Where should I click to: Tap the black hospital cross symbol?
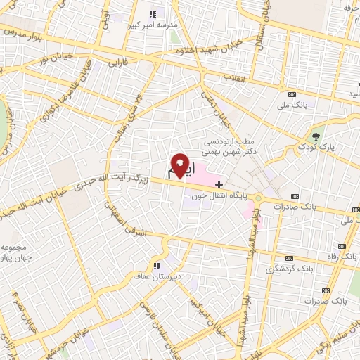(x=219, y=184)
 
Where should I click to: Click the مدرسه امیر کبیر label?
(x=152, y=25)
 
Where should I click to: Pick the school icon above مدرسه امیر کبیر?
(x=153, y=13)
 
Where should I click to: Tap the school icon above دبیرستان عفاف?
(x=157, y=265)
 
